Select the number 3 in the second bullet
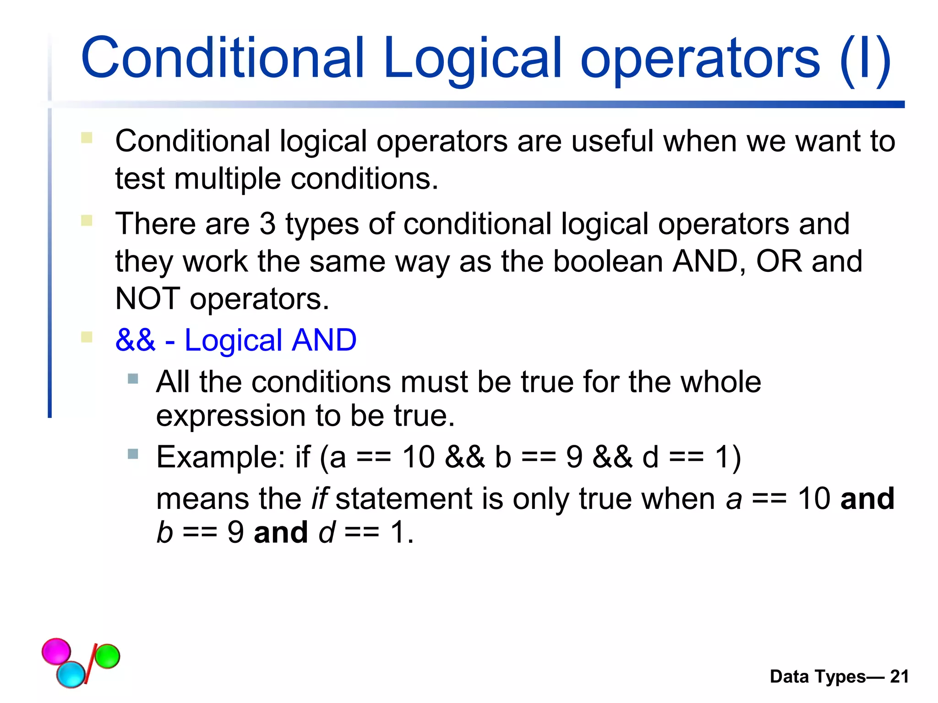click(267, 224)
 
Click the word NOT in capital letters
click(147, 299)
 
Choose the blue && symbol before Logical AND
click(136, 340)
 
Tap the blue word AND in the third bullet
click(324, 340)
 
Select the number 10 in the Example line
click(418, 457)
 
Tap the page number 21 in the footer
click(899, 676)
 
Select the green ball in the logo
click(107, 656)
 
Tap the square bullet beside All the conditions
click(133, 379)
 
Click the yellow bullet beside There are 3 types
click(87, 221)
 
